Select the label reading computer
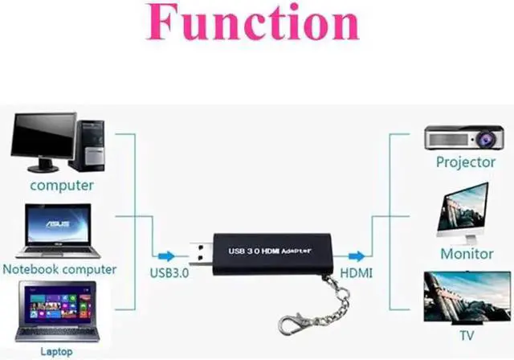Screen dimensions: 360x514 point(62,186)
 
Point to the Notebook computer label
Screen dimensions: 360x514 point(60,269)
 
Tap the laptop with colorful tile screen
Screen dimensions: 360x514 point(56,310)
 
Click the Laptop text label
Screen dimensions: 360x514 point(56,351)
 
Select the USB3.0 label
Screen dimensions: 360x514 point(169,272)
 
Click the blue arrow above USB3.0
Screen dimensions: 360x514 point(165,256)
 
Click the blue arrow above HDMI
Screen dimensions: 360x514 point(355,256)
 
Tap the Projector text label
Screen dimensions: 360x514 point(466,162)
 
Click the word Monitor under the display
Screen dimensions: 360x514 point(467,253)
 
